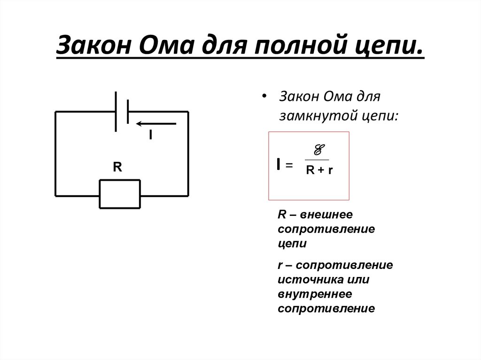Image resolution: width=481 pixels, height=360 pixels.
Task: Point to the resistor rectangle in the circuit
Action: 120,193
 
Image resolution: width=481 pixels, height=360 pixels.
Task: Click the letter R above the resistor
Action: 117,167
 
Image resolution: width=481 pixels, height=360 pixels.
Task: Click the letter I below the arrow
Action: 150,135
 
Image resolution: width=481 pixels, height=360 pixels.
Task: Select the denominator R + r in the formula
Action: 319,170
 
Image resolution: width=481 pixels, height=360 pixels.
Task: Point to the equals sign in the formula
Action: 289,165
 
